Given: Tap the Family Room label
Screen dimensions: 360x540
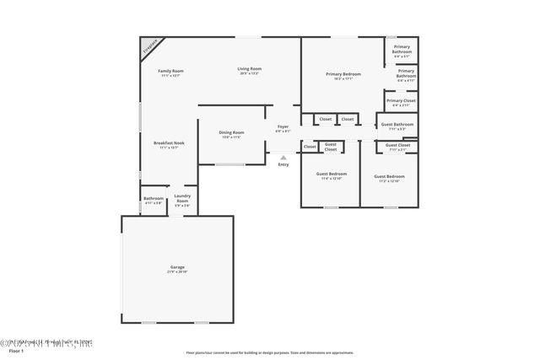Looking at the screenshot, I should point(171,71).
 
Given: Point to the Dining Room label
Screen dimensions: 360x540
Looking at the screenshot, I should point(231,132).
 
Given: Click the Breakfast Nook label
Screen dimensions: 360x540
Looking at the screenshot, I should point(169,143).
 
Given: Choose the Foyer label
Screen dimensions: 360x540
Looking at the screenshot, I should point(283,126).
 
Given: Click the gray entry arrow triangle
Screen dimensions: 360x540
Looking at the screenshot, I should point(283,157).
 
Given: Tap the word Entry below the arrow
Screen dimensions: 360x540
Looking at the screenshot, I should point(283,164).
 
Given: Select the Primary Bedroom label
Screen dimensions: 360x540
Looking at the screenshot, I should point(343,74).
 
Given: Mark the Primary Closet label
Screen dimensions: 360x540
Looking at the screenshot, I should point(402,101).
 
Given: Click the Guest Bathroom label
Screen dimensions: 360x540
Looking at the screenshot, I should point(397,125).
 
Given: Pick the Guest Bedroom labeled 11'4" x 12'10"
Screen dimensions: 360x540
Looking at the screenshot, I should point(331,175).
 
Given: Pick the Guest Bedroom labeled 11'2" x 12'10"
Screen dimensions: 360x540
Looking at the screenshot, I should point(389,176).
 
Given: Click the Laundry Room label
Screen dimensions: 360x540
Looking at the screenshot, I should point(182,198).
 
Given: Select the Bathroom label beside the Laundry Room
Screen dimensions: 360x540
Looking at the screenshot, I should point(153,199).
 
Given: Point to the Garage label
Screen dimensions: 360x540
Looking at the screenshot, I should point(177,268).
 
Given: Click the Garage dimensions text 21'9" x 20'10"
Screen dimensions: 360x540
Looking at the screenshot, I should point(177,273).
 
